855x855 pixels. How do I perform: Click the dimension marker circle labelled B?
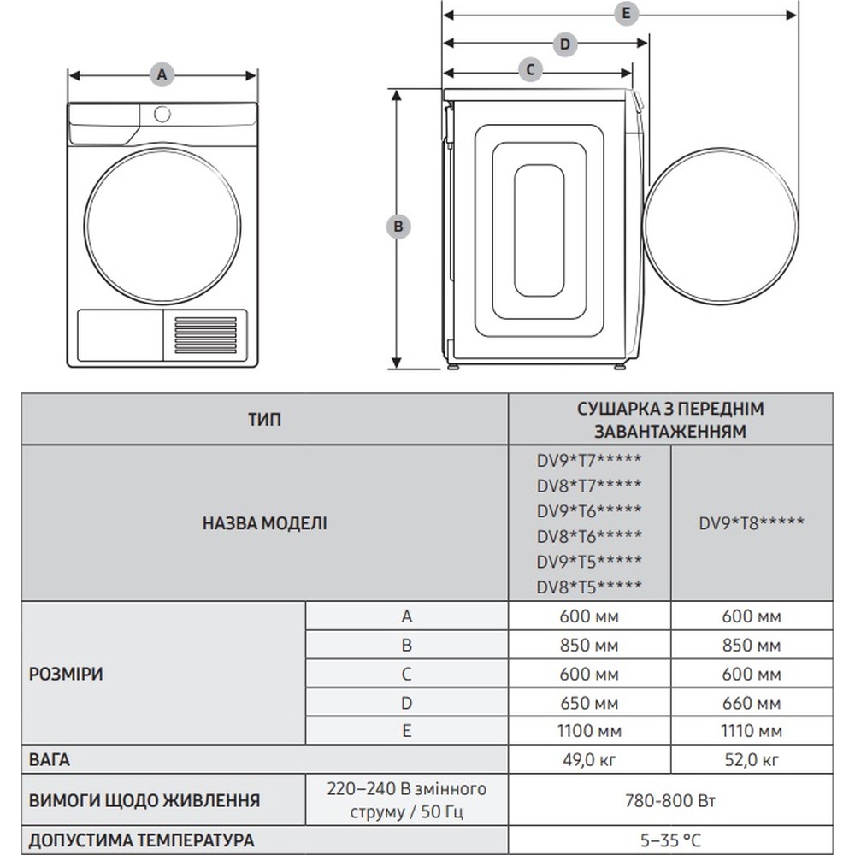398,227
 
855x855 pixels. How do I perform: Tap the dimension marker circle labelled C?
530,70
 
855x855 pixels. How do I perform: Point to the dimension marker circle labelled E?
626,14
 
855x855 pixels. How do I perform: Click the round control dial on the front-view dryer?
162,114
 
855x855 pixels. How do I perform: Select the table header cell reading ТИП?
264,419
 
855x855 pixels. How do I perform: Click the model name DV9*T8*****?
752,522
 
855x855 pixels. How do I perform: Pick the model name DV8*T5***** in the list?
589,586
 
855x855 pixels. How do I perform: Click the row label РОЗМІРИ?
67,674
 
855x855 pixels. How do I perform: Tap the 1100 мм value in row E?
589,731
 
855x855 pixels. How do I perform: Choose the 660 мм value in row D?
752,703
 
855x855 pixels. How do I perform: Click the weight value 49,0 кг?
589,759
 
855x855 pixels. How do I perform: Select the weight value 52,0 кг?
752,759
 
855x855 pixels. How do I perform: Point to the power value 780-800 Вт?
670,801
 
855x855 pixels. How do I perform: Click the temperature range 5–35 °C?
670,840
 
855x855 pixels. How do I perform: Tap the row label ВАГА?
50,759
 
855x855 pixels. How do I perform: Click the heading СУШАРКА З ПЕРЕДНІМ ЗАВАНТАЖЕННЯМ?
670,419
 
